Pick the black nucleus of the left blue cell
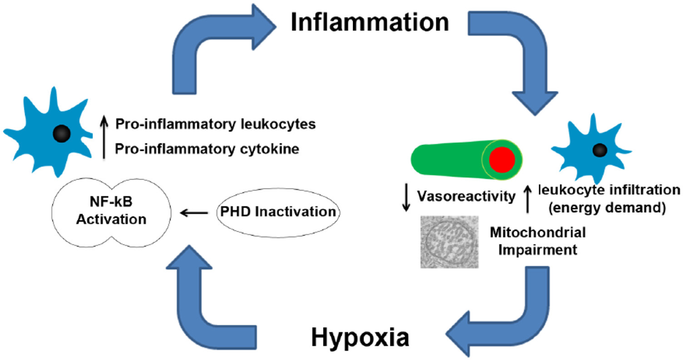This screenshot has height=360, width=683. pos(60,133)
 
